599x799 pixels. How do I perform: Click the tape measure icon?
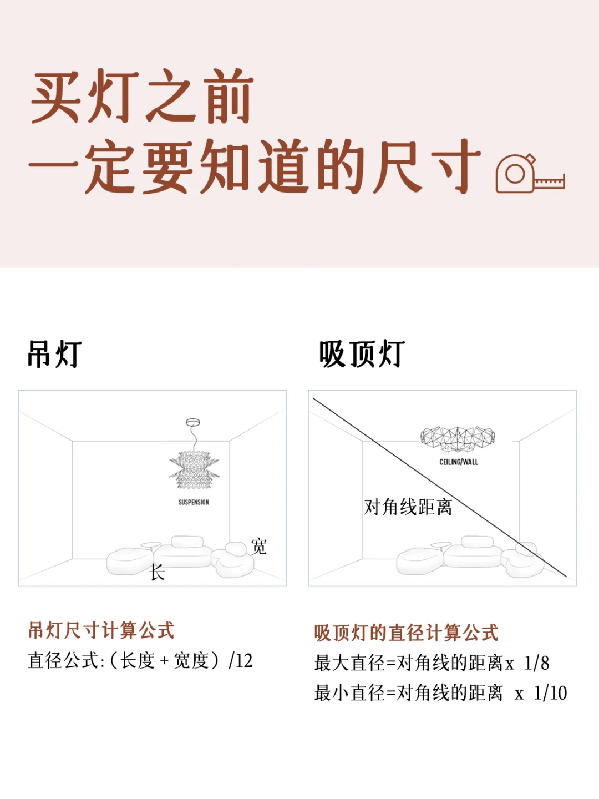tap(530, 174)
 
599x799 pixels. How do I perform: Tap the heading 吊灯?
tap(54, 354)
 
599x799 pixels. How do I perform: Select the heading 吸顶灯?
tap(362, 354)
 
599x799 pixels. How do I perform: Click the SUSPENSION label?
tap(194, 502)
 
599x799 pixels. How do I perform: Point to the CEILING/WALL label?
tap(459, 462)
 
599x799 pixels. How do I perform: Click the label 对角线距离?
tap(408, 507)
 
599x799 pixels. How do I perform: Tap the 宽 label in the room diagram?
tap(258, 546)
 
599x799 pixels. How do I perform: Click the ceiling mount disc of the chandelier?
tap(193, 422)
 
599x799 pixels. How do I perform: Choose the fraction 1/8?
tap(536, 663)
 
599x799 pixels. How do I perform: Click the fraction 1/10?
tap(550, 692)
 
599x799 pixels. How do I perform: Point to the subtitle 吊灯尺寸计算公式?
tap(101, 630)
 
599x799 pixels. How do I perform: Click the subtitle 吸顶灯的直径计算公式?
tap(406, 633)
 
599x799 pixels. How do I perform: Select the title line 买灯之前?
tap(142, 96)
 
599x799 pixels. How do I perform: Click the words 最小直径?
tap(349, 693)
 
